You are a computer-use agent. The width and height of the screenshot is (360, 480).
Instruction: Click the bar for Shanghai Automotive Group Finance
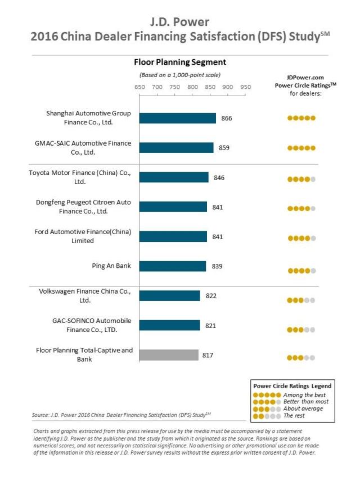tap(177, 118)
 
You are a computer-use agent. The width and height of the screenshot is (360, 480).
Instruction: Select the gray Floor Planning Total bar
tap(169, 355)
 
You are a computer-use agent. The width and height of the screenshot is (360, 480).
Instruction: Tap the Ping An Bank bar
tap(173, 266)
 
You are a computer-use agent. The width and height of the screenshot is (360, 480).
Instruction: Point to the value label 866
tap(227, 119)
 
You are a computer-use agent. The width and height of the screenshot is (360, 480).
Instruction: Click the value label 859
tap(224, 148)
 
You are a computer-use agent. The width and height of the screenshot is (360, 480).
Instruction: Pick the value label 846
tap(219, 178)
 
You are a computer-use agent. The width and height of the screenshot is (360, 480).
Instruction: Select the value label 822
tap(211, 296)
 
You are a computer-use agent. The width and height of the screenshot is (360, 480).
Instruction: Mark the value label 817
tap(209, 355)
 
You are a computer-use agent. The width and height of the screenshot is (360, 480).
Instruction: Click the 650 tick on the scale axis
tap(139, 87)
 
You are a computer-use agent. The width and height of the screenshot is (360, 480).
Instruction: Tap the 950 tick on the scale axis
tap(246, 87)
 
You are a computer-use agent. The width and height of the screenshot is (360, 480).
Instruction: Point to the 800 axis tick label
tap(192, 87)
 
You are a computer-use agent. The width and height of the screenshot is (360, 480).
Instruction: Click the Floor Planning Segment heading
tap(179, 62)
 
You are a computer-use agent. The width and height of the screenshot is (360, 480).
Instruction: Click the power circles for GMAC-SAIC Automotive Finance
tap(301, 148)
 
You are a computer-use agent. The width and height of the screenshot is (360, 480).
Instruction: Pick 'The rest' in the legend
tap(295, 416)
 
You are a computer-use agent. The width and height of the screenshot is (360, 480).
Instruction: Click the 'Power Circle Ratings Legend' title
tap(292, 386)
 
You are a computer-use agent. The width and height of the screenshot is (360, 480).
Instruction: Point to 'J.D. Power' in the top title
tap(179, 22)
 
